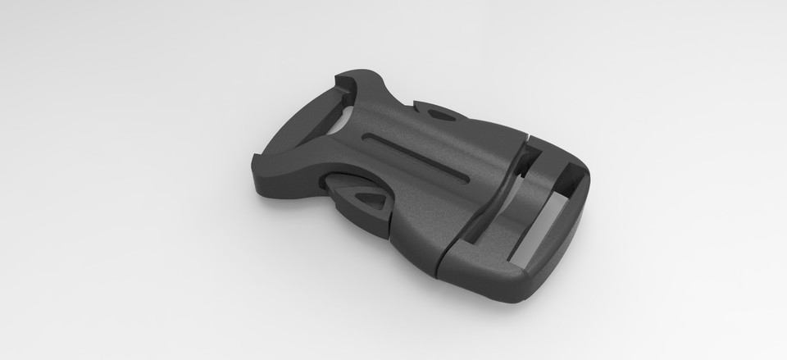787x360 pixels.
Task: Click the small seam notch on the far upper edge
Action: pos(530,134)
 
